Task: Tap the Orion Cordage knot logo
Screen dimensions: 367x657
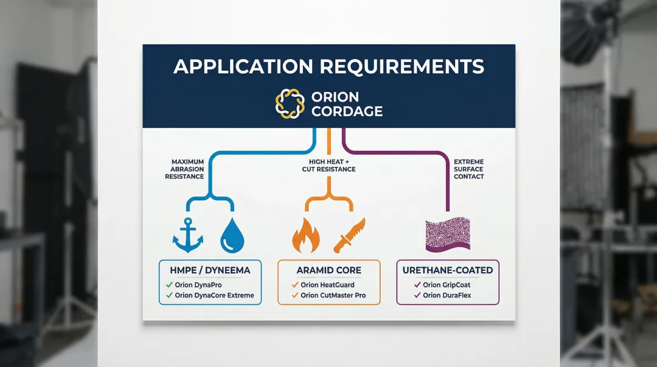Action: [x=289, y=103]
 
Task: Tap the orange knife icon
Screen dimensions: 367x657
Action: [x=349, y=235]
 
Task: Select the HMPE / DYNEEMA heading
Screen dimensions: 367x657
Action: [x=209, y=270]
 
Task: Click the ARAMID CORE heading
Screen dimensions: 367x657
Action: [x=328, y=270]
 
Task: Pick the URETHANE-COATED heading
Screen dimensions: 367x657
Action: [x=448, y=270]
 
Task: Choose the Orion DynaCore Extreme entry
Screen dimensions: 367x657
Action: [x=214, y=296]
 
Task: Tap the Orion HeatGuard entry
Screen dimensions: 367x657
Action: [x=327, y=284]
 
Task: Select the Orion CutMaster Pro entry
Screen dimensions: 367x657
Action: [x=333, y=296]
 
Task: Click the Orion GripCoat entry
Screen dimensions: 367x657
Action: [x=447, y=284]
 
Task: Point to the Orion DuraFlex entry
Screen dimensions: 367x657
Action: [x=447, y=296]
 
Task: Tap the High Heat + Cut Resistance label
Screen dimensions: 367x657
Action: [x=328, y=164]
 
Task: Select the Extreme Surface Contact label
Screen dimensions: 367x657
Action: [x=468, y=169]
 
